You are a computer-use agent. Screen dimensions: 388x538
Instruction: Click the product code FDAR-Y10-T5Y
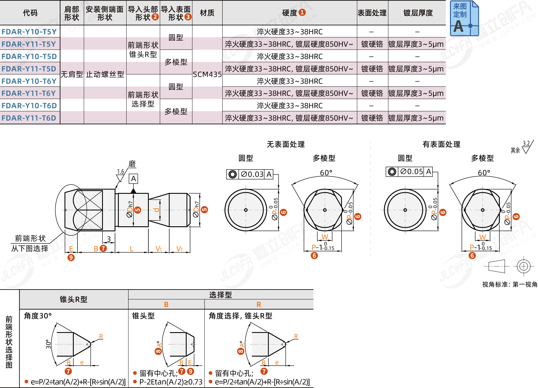[29, 32]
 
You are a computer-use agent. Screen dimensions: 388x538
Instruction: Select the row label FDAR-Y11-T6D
[29, 118]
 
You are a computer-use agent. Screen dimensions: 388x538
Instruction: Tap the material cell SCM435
[207, 74]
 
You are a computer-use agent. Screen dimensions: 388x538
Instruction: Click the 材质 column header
[207, 13]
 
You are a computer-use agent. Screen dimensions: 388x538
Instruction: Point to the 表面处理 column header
[372, 13]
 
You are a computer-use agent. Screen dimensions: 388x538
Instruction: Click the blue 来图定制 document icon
[464, 18]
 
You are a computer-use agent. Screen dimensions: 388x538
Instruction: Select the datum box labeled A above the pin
[133, 179]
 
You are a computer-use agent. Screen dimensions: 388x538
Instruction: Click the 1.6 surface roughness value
[120, 172]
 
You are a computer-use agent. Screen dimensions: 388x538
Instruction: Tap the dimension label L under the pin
[131, 249]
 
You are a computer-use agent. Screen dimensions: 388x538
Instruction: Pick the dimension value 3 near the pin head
[109, 239]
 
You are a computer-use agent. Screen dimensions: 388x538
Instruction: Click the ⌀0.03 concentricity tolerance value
[252, 174]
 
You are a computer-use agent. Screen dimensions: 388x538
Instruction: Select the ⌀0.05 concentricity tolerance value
[411, 172]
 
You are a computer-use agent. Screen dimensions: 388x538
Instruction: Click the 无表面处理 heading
[286, 144]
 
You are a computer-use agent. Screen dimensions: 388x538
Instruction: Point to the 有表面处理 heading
[441, 144]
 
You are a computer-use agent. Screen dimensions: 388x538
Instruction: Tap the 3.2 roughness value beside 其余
[526, 143]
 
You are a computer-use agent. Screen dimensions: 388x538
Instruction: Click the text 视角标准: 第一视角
[509, 284]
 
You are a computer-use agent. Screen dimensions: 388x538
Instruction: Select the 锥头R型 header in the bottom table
[73, 299]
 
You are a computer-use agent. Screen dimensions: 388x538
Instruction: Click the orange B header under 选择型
[166, 304]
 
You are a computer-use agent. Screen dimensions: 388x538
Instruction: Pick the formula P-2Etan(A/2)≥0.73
[171, 382]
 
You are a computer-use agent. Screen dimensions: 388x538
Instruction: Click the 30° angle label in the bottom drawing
[48, 344]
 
